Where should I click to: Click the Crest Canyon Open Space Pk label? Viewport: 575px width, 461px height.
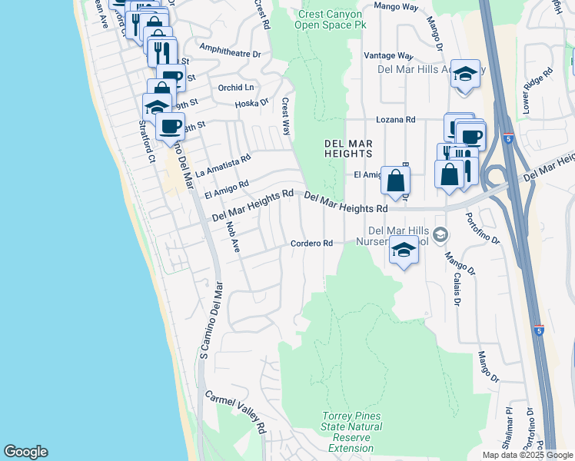pos(331,19)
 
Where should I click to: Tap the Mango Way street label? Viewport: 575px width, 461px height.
pos(395,6)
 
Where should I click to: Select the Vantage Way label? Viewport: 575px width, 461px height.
pos(388,56)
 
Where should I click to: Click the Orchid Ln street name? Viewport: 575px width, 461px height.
pos(235,88)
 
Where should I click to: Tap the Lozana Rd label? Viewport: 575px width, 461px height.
pos(395,120)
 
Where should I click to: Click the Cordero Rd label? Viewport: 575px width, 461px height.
pos(311,244)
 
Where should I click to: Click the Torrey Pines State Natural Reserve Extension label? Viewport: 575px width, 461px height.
pos(351,432)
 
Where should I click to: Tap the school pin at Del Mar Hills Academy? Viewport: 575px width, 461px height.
pos(465,75)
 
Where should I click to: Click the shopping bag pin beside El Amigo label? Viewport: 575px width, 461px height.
pos(394,181)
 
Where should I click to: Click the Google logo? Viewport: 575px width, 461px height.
pos(25,452)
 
